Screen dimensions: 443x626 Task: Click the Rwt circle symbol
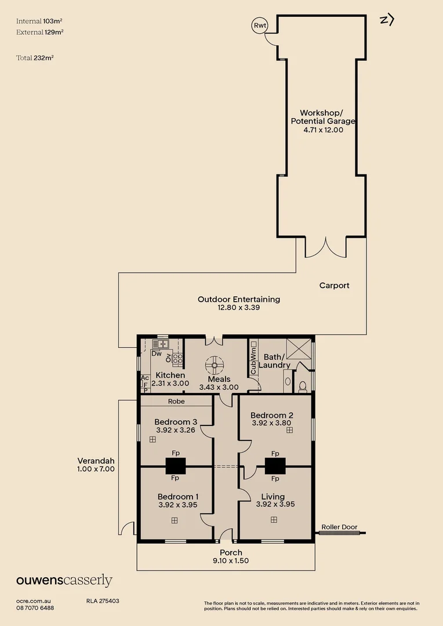260,26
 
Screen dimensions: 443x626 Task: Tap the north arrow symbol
387,20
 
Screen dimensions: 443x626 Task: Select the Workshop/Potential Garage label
323,117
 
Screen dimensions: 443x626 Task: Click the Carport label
335,285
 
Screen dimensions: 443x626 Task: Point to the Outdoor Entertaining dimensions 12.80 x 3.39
239,308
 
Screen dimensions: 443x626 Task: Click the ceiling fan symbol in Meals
215,365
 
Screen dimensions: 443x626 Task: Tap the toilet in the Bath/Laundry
303,387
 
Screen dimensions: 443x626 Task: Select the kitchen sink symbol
161,344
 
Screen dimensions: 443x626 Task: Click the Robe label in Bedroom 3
176,401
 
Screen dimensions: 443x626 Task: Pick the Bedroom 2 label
271,415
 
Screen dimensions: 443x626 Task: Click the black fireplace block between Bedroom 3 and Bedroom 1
176,466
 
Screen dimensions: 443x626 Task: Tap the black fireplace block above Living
275,466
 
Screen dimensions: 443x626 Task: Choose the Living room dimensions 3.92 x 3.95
275,504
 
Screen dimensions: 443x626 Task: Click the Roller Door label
340,527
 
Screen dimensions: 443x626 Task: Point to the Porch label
231,552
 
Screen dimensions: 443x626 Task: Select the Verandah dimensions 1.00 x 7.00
96,469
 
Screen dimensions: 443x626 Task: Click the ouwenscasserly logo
64,580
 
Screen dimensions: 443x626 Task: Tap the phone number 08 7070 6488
35,608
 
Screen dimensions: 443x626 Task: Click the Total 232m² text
35,58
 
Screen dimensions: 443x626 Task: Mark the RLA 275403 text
103,601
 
